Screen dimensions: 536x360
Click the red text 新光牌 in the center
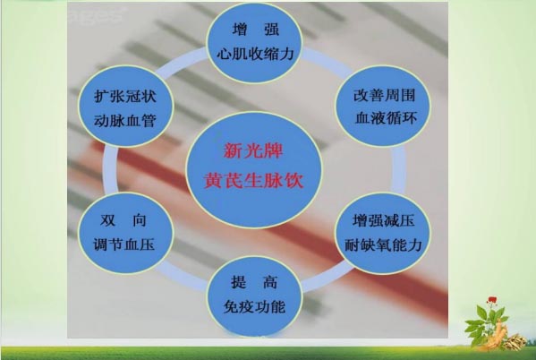[x=253, y=151]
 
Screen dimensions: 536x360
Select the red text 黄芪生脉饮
[x=253, y=180]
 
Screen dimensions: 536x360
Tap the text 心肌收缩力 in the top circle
[x=255, y=54]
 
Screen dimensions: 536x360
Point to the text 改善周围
[x=384, y=95]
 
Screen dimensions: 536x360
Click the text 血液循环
[x=386, y=118]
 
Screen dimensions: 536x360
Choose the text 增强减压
[x=384, y=220]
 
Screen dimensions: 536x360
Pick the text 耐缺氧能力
[x=383, y=245]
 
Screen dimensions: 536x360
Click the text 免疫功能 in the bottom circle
[x=254, y=306]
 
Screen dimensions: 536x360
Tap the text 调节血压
[x=123, y=244]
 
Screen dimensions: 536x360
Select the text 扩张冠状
[x=124, y=97]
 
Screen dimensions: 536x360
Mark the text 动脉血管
[x=124, y=121]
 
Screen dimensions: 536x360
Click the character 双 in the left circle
[x=108, y=220]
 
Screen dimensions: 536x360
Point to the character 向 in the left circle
[x=140, y=220]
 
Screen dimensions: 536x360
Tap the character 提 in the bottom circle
[x=238, y=282]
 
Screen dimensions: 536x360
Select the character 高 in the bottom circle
[x=270, y=282]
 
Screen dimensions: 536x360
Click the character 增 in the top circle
[x=240, y=29]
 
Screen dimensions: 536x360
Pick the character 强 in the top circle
[x=271, y=29]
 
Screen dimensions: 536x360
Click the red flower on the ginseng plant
[x=492, y=300]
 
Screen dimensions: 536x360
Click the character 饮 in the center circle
[x=294, y=180]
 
